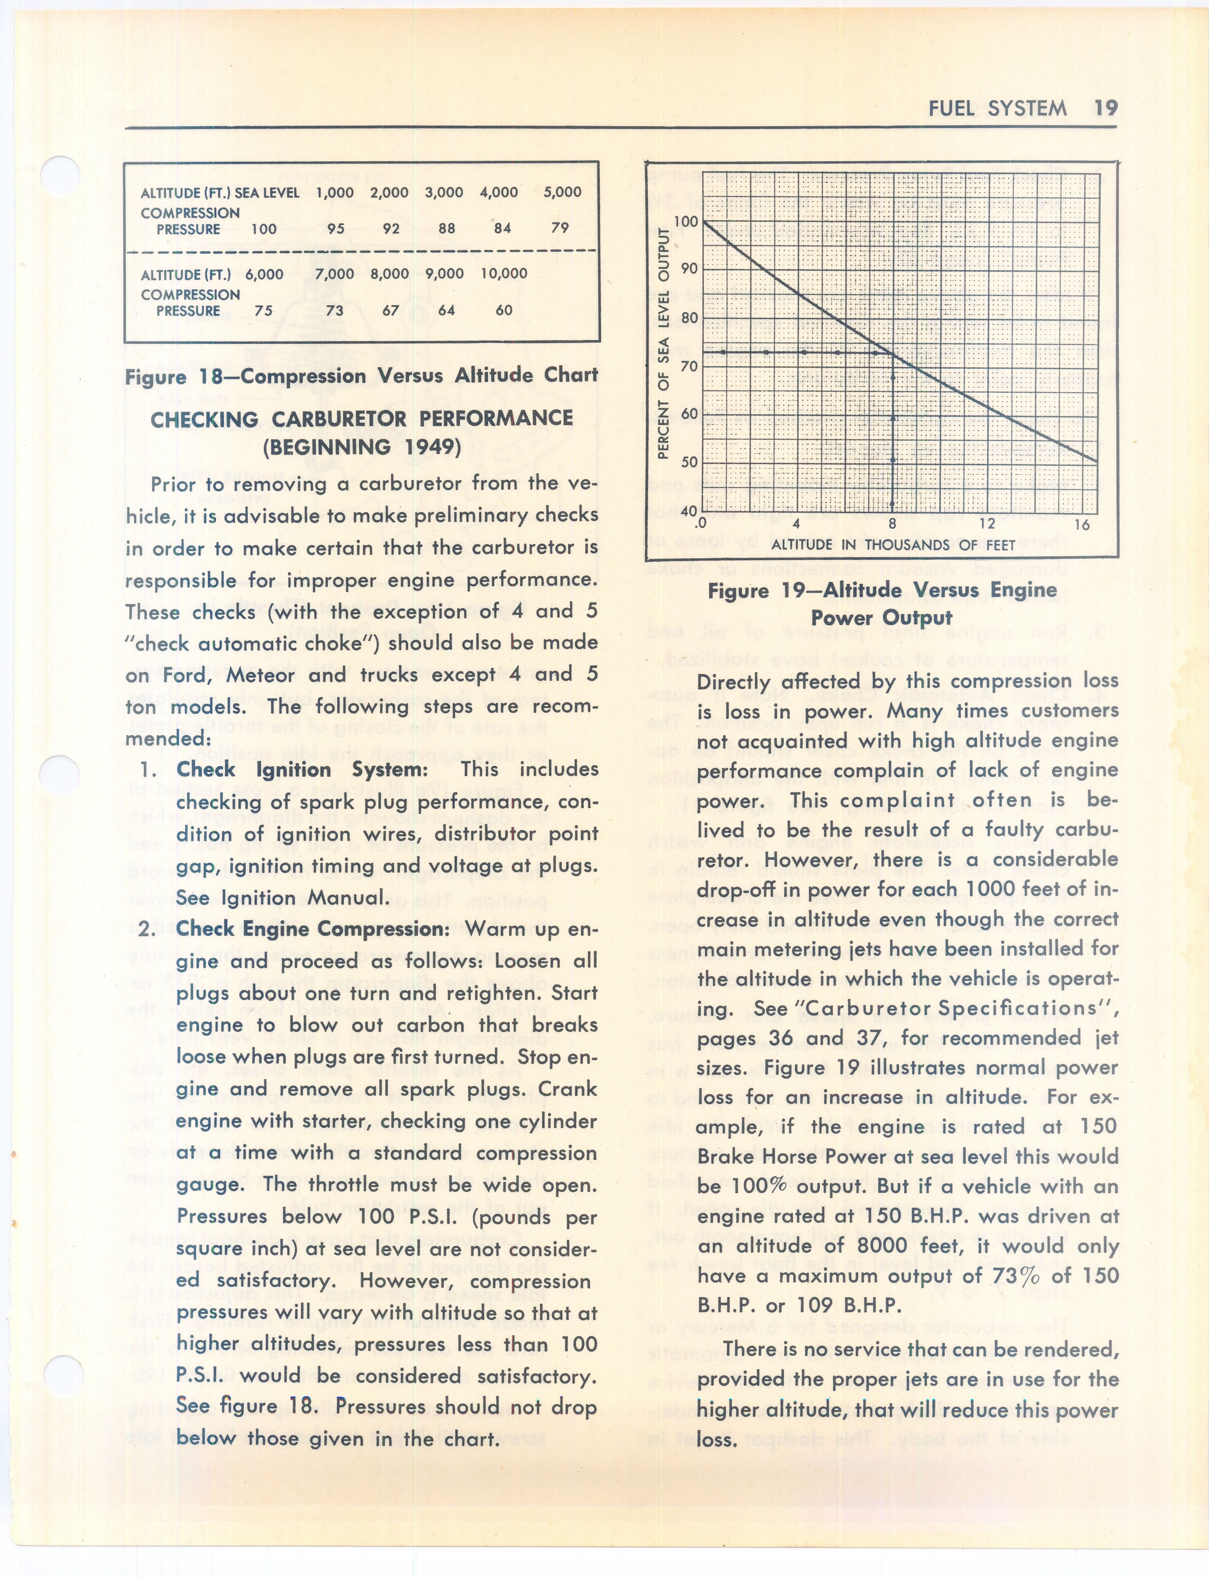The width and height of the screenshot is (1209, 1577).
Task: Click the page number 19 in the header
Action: pos(1106,108)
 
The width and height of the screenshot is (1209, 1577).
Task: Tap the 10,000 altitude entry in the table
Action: pos(504,273)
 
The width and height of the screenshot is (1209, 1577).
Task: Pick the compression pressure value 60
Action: pos(504,310)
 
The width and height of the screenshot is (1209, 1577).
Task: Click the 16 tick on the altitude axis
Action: pos(1082,525)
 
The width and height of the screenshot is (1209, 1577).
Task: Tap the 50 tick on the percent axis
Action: pos(688,462)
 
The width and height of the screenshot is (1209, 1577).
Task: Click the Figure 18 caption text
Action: pos(361,376)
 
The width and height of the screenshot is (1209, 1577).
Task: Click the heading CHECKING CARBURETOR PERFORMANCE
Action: pos(361,433)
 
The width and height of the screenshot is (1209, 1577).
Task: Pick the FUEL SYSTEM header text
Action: pos(997,109)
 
